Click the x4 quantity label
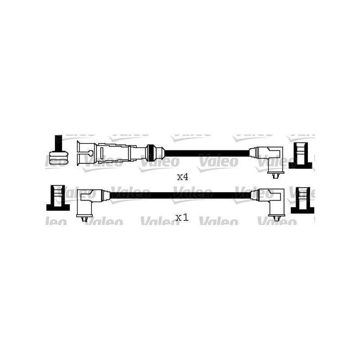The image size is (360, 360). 182,177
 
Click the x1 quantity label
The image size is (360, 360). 181,218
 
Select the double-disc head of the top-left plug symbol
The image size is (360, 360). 58,158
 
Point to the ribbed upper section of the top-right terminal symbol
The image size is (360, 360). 300,151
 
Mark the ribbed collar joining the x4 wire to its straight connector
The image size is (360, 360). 153,153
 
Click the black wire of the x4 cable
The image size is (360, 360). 207,153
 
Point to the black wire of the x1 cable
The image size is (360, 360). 180,195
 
